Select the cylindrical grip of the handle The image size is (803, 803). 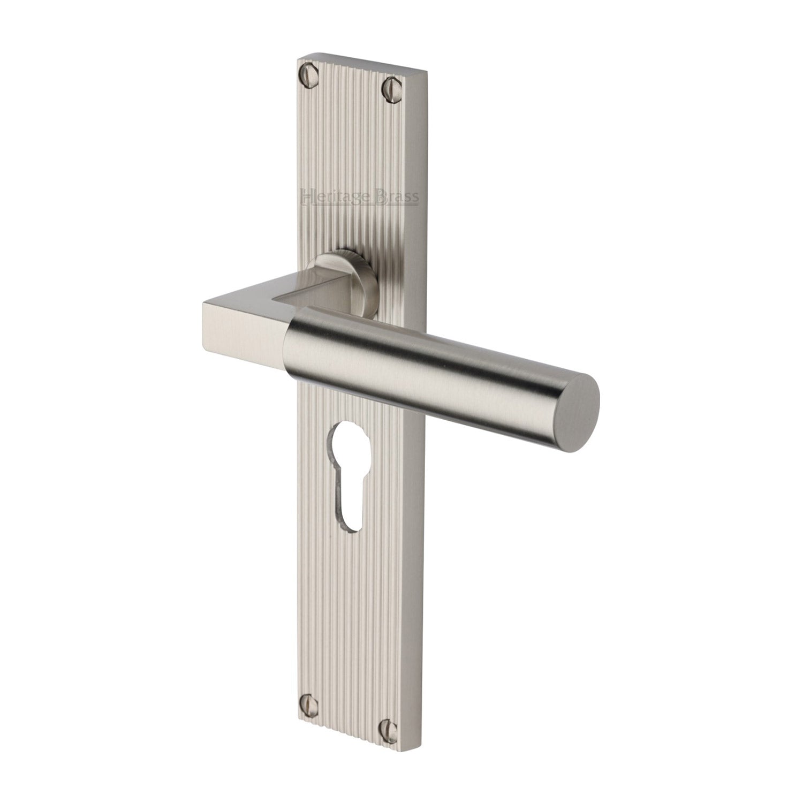[428, 359]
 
